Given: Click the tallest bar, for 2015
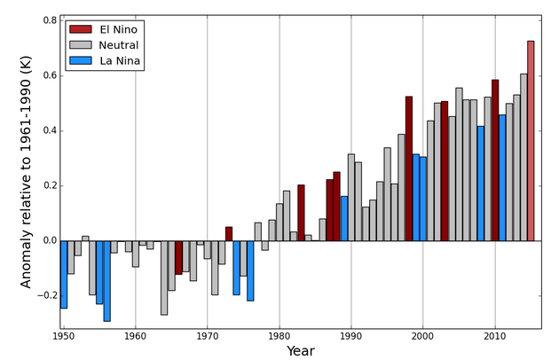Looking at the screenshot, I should coord(531,140).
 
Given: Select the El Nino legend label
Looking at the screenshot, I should coord(119,29).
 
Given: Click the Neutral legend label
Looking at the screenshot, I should coord(120,45).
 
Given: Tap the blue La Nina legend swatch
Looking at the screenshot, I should coord(81,61).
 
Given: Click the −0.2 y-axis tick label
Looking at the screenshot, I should coord(44,296).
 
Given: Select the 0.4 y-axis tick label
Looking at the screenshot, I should coord(49,130).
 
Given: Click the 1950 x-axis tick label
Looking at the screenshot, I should coord(64,337).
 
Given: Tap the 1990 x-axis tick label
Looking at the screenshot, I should coord(350,337).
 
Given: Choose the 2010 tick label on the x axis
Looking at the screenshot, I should coord(494,337).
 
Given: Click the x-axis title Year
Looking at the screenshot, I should coord(300,351).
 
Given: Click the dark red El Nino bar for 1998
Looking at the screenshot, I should coord(409,168).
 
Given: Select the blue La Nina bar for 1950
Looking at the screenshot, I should coord(64,274).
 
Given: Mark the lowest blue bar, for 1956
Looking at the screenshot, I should coord(106,280).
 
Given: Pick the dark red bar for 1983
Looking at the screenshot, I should coord(301,213).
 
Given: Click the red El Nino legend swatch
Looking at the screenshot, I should coord(81,29).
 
